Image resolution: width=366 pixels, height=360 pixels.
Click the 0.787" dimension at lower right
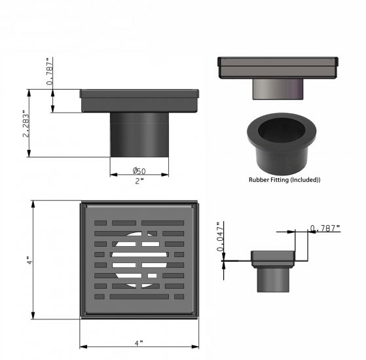[x=325, y=228]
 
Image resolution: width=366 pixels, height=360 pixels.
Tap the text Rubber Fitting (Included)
[x=284, y=179]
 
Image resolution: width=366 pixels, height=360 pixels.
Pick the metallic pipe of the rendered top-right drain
[x=278, y=88]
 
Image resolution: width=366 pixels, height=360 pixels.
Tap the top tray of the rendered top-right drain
[x=278, y=67]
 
